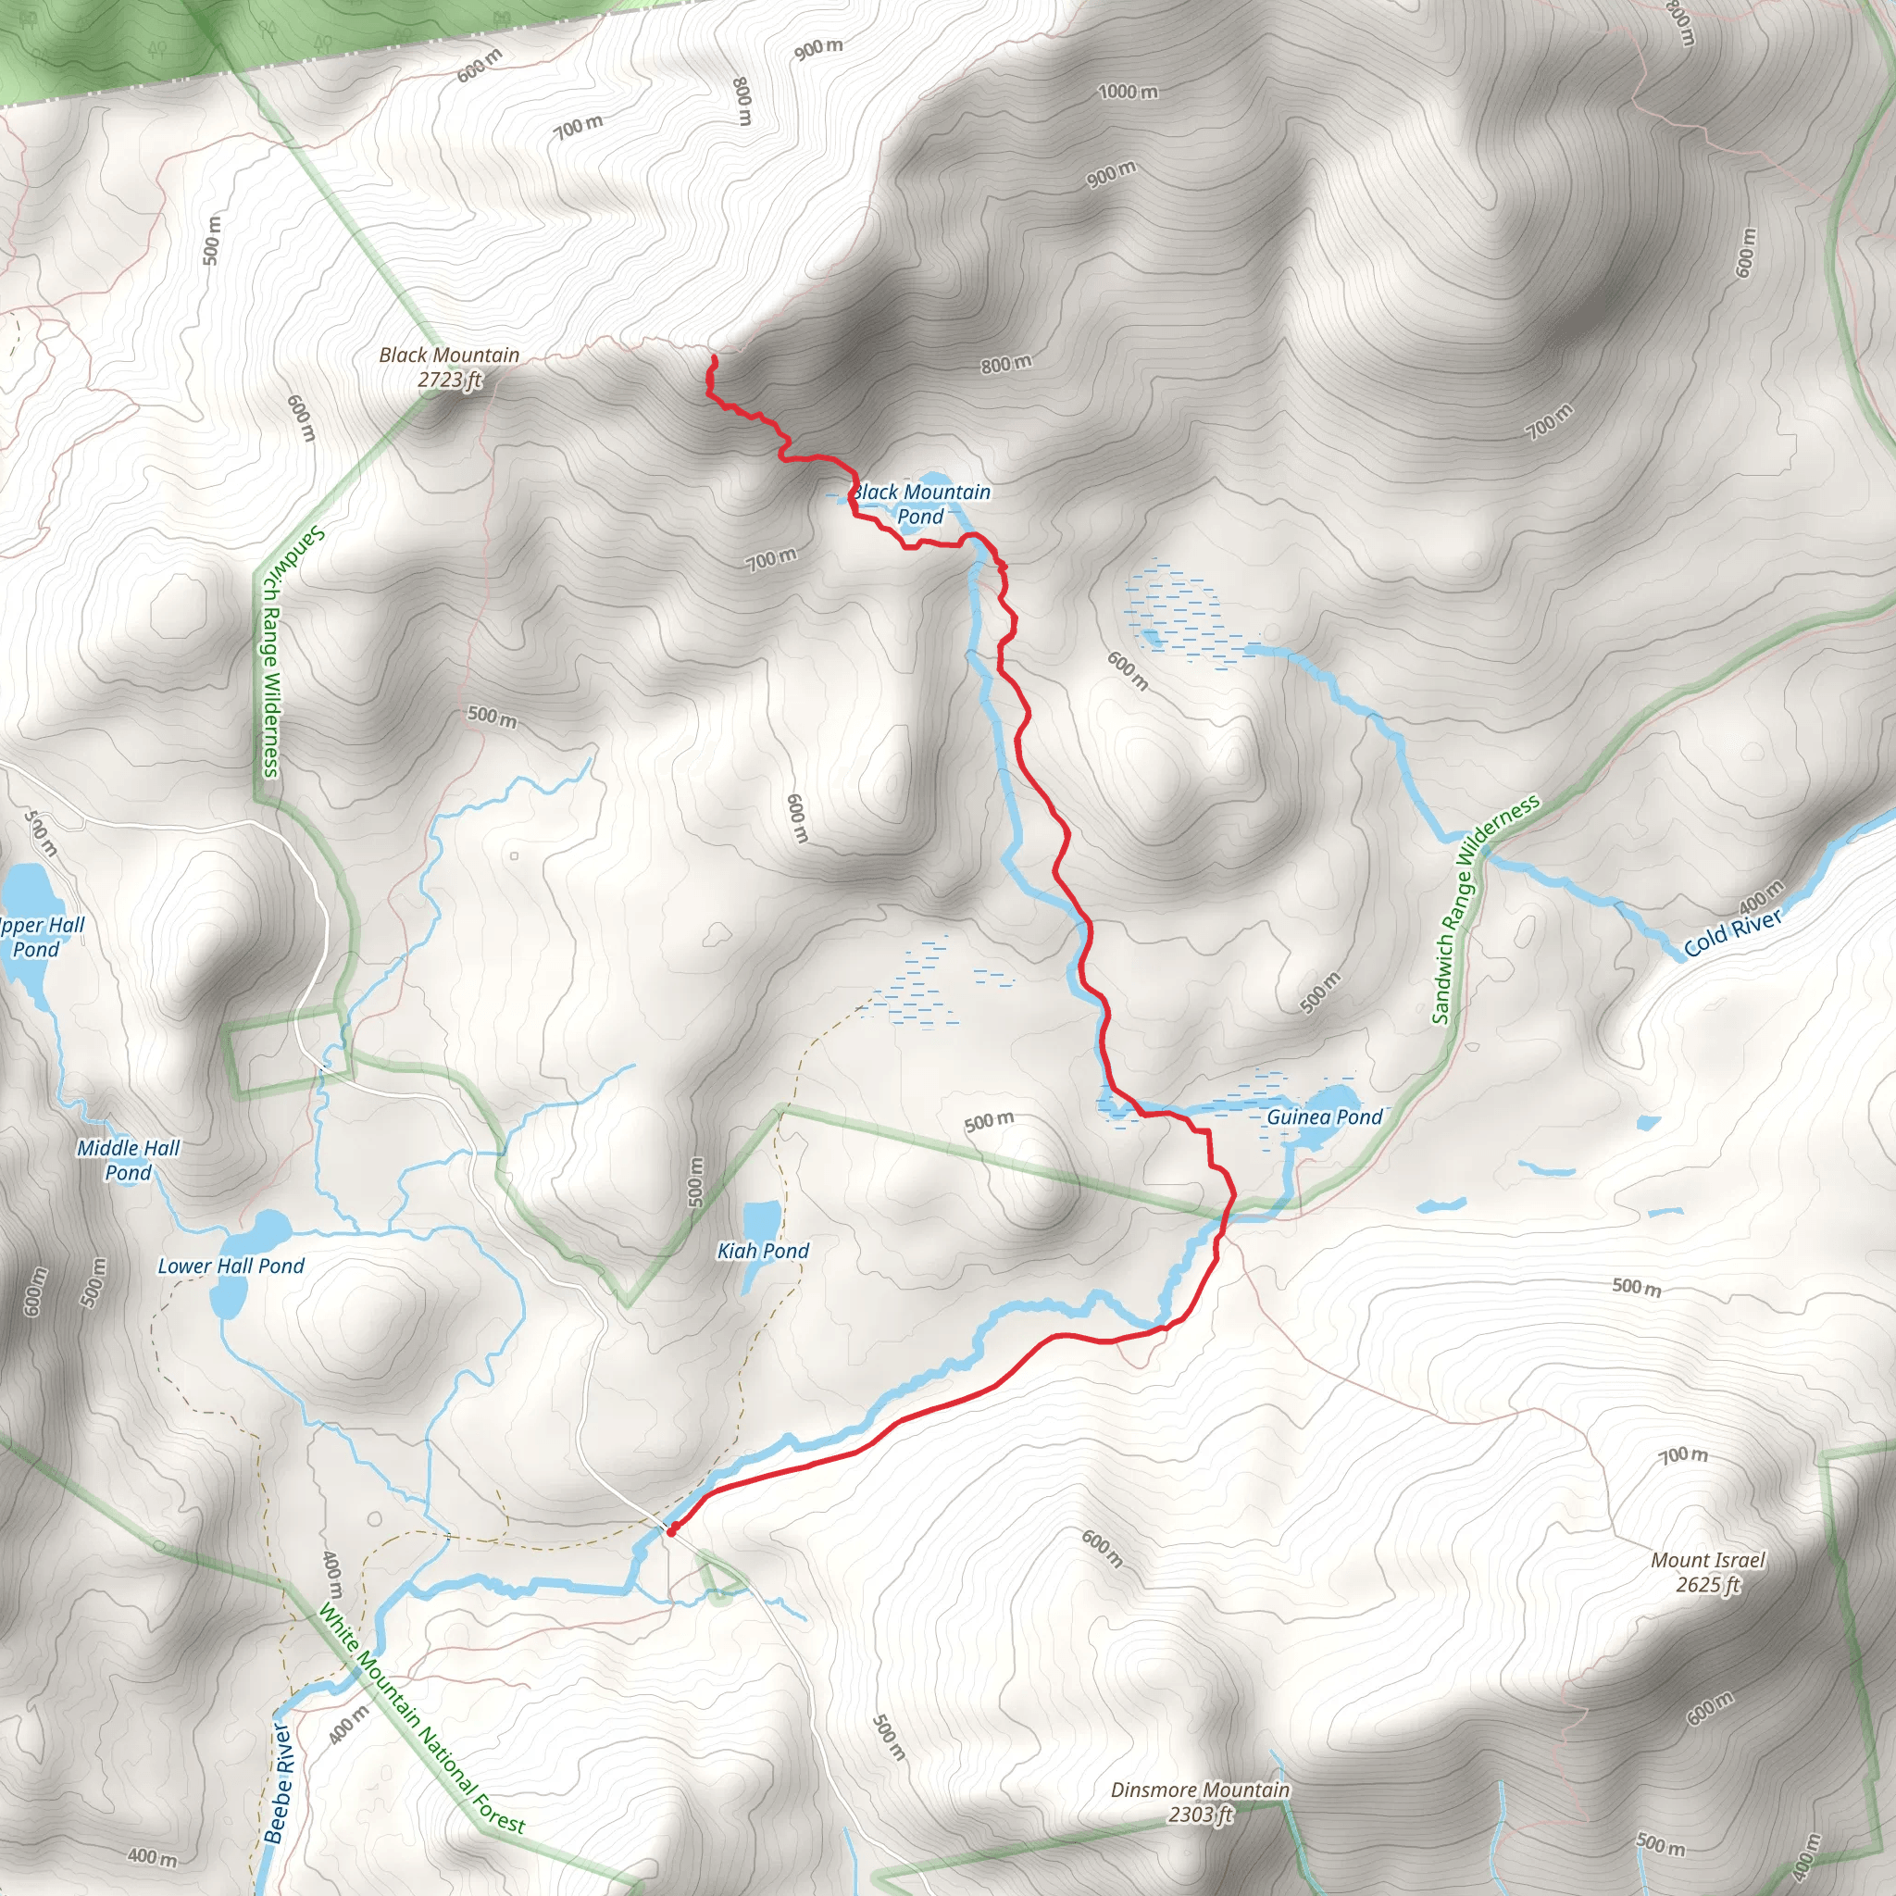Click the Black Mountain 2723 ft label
[449, 367]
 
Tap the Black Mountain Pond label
[920, 505]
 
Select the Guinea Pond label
[1324, 1116]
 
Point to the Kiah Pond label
[763, 1250]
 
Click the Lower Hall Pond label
[231, 1266]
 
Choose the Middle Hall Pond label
[129, 1160]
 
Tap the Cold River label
[1732, 933]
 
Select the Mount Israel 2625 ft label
[1707, 1572]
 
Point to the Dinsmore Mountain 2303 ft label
[1200, 1802]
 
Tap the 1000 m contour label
[1128, 93]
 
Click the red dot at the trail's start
[671, 1530]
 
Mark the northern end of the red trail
[713, 360]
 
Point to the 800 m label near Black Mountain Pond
[1006, 364]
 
